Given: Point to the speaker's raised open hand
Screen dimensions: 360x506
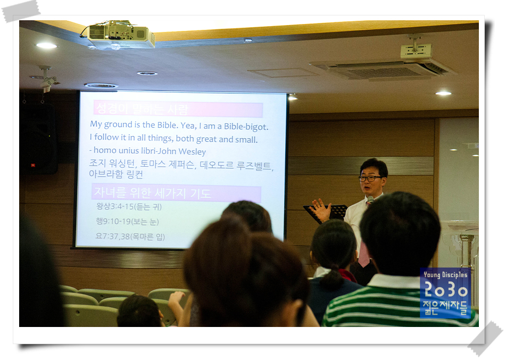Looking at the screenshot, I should click(x=320, y=210).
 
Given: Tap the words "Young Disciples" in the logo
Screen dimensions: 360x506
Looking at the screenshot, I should click(x=446, y=275).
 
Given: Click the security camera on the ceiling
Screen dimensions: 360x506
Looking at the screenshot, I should click(x=46, y=81).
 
